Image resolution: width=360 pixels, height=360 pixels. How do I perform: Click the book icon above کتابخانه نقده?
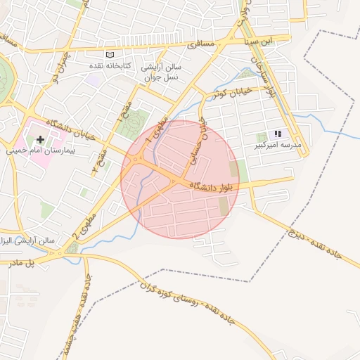(x=109, y=55)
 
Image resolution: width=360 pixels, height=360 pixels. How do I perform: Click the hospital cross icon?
(x=40, y=141)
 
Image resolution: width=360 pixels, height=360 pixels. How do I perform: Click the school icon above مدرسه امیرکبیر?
(x=278, y=134)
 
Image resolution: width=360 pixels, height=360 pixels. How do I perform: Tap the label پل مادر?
(x=40, y=262)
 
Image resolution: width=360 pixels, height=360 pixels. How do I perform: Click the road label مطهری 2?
(x=84, y=226)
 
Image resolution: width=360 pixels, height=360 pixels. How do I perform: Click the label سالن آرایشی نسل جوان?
(x=163, y=72)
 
